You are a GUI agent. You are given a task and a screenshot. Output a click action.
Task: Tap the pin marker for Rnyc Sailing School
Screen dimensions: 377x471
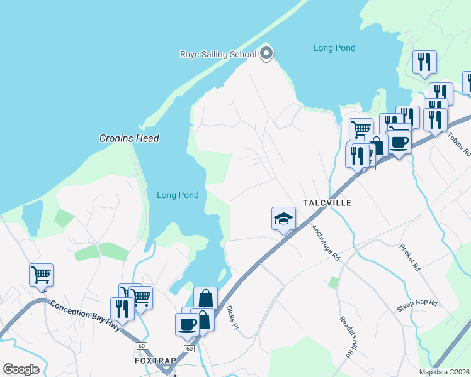pyautogui.click(x=266, y=53)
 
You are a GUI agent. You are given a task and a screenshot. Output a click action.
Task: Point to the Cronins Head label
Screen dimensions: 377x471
pyautogui.click(x=129, y=138)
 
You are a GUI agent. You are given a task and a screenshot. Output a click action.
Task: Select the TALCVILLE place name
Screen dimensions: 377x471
pyautogui.click(x=326, y=203)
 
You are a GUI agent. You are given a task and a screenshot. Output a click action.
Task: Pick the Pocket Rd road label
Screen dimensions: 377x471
pyautogui.click(x=409, y=258)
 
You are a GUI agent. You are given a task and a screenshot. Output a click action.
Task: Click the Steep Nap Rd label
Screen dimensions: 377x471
pyautogui.click(x=417, y=303)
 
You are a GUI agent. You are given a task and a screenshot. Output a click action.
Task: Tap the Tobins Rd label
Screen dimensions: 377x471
pyautogui.click(x=459, y=144)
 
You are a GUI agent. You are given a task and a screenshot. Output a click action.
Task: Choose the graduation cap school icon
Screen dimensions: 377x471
pyautogui.click(x=283, y=219)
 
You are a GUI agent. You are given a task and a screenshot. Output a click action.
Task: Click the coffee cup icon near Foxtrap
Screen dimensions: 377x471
pyautogui.click(x=187, y=324)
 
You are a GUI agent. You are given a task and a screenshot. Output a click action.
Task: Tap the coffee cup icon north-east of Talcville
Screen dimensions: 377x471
pyautogui.click(x=399, y=141)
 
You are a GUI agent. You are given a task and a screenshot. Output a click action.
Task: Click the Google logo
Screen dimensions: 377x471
pyautogui.click(x=21, y=369)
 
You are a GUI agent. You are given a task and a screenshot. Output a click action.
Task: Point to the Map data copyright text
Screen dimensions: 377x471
pyautogui.click(x=445, y=372)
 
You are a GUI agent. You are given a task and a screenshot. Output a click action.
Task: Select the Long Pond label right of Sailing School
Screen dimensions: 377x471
pyautogui.click(x=334, y=48)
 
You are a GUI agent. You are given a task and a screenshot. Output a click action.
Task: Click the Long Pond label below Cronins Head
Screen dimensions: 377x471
pyautogui.click(x=178, y=195)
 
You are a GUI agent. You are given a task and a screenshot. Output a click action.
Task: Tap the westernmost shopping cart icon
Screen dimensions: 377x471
pyautogui.click(x=41, y=275)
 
